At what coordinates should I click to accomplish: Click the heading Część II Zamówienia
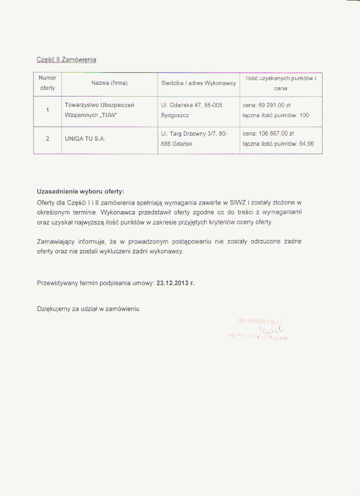coord(66,60)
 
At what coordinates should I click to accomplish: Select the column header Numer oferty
coord(47,83)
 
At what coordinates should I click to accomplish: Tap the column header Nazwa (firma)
coord(109,83)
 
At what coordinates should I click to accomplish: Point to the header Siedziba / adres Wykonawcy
coord(198,83)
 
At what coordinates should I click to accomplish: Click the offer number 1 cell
coord(47,110)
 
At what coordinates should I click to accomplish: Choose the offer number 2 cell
coord(47,139)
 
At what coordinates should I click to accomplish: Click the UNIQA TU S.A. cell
coord(85,139)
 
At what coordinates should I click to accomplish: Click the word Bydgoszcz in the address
coord(175,115)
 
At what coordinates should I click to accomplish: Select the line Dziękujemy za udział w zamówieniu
coord(88,309)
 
